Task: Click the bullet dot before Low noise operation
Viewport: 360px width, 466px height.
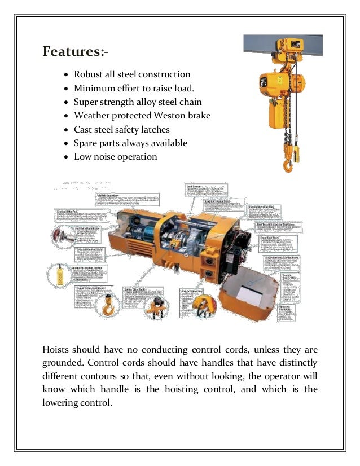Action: click(67, 157)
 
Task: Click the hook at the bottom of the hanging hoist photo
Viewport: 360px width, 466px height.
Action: click(288, 166)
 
